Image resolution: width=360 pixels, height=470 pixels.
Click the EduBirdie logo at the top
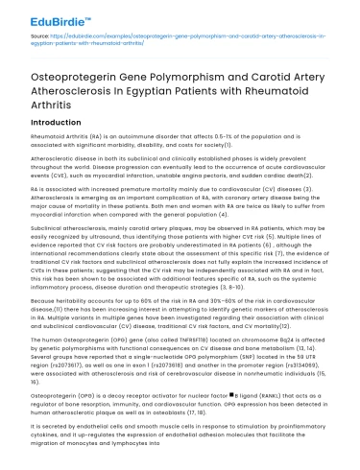pos(43,16)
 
